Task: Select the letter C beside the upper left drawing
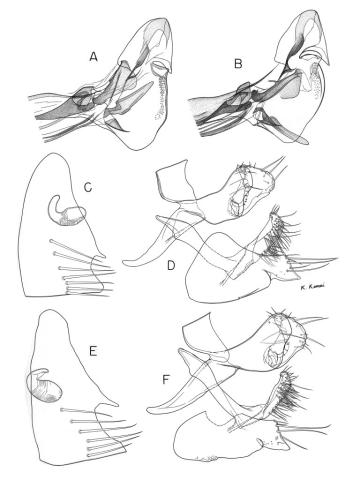click(x=87, y=185)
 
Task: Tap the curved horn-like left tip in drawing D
click(x=127, y=264)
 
